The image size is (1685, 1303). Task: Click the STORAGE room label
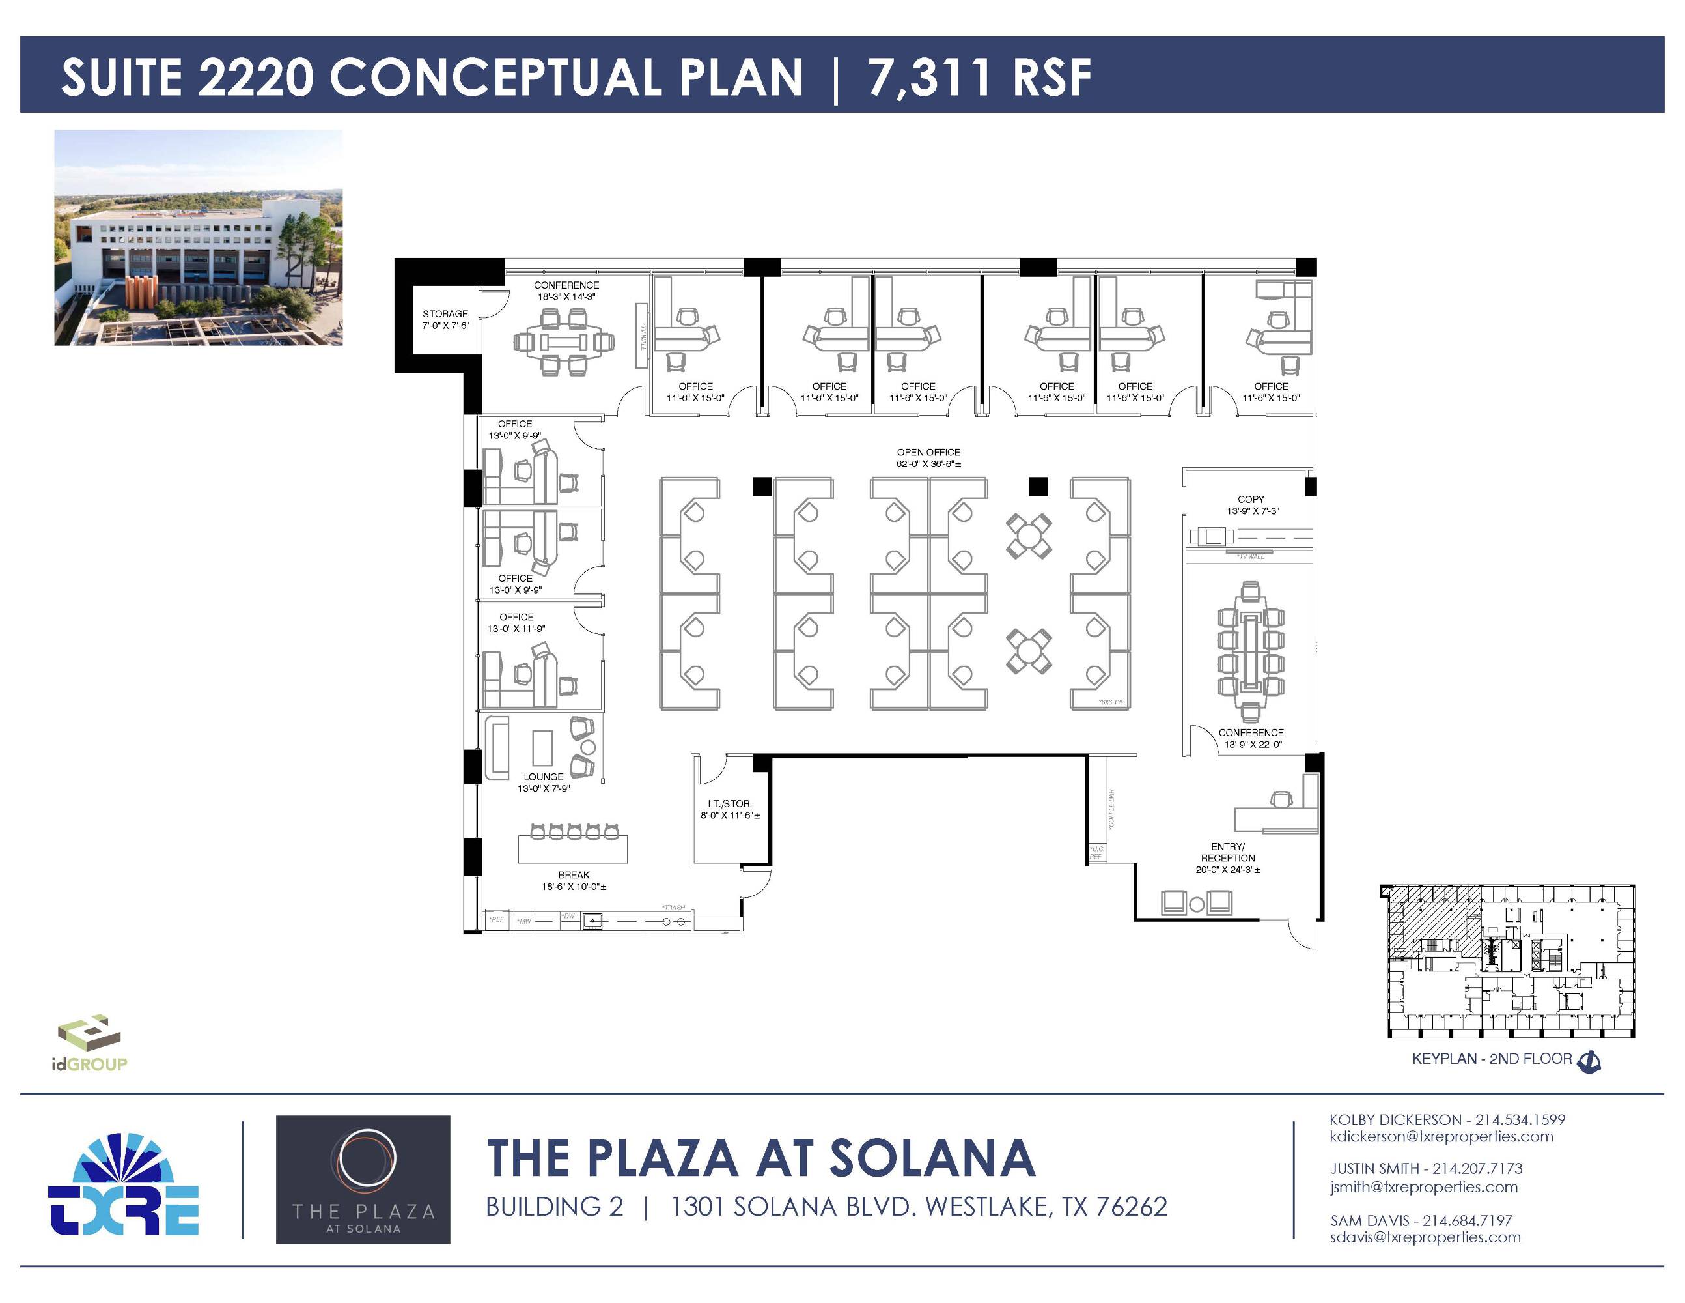click(x=445, y=314)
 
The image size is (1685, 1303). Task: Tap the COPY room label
click(x=1251, y=500)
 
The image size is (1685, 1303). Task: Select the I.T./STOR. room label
click(x=729, y=803)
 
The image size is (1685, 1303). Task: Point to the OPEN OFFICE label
click(x=928, y=452)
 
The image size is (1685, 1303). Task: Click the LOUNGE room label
click(x=543, y=777)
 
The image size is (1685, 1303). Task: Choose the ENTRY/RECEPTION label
click(x=1227, y=852)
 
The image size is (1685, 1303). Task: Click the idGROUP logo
click(x=89, y=1044)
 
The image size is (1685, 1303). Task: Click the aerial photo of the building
click(x=199, y=238)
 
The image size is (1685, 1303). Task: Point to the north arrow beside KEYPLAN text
click(x=1590, y=1061)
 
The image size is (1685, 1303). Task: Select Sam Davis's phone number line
click(x=1421, y=1220)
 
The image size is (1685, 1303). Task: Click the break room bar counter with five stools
click(x=572, y=848)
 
